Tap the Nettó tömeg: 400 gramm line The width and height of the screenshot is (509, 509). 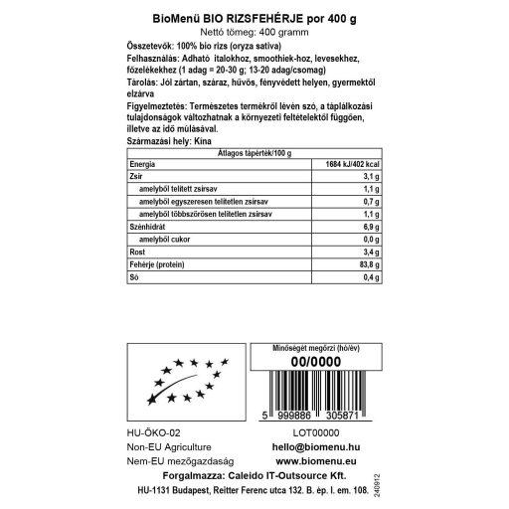click(254, 33)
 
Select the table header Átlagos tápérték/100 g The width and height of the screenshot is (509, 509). click(254, 153)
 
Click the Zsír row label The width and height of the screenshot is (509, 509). click(138, 176)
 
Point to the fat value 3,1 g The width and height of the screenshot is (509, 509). click(373, 176)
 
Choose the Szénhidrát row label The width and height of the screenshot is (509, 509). click(151, 228)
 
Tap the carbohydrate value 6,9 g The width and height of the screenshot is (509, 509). click(373, 228)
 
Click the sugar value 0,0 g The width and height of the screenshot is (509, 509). click(373, 241)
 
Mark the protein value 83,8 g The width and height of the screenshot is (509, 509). click(371, 265)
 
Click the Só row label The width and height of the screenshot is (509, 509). click(134, 278)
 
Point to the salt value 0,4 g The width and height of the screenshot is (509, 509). click(373, 278)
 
